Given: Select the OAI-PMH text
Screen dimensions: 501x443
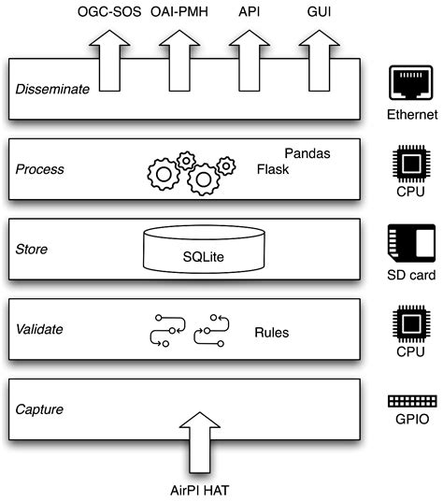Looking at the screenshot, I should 180,12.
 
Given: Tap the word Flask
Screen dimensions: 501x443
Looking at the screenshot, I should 275,170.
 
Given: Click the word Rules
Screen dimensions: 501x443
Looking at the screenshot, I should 272,332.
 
